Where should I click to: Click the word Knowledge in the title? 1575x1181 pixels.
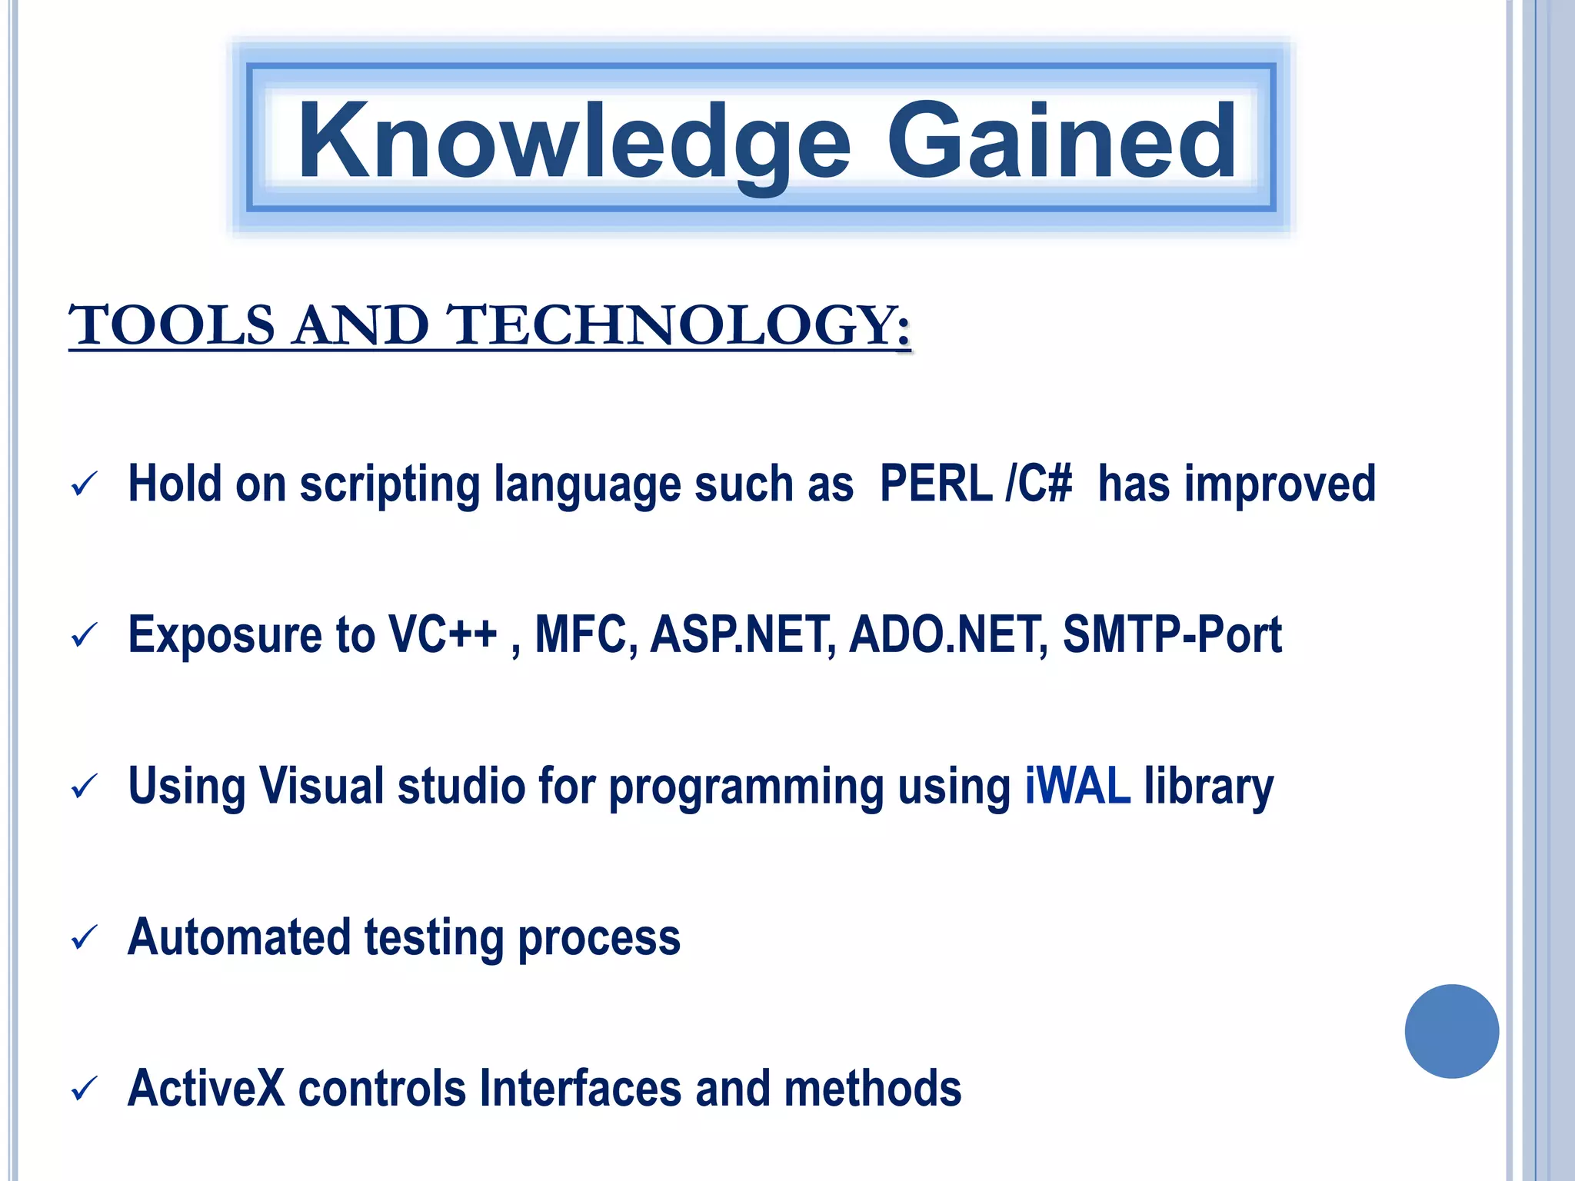[573, 142]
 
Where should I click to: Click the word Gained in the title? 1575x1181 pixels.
[1061, 142]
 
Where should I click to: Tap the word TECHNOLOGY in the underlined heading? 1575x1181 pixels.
[677, 325]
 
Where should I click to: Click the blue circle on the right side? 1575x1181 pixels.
[1451, 1031]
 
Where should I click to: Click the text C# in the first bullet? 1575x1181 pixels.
[1046, 484]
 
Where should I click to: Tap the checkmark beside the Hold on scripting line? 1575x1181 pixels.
[83, 484]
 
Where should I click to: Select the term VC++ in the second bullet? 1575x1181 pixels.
[442, 634]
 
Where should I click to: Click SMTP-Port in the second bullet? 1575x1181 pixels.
[1171, 634]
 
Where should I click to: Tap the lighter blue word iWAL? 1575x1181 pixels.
[1077, 786]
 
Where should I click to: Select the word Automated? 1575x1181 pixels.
[239, 937]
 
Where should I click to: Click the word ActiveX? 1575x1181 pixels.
[206, 1088]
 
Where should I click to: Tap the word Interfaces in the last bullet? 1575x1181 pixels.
[580, 1088]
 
